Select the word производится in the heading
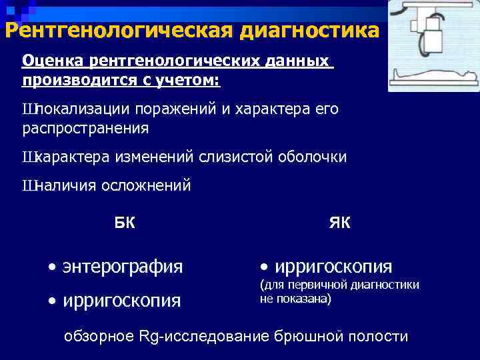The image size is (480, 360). click(x=69, y=81)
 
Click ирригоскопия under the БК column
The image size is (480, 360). click(x=121, y=301)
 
